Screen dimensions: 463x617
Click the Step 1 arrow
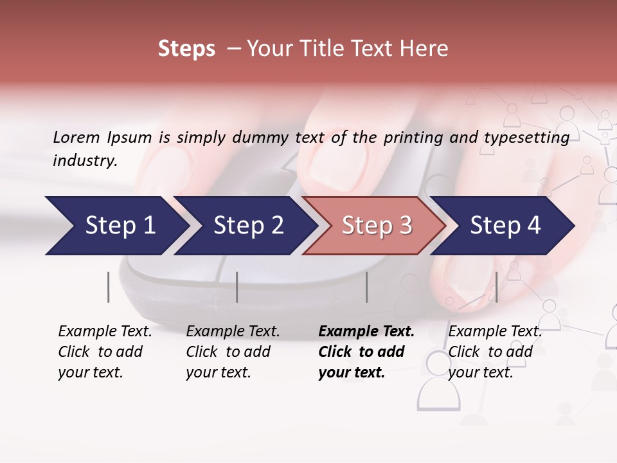point(116,226)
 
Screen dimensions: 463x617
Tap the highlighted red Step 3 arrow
point(376,226)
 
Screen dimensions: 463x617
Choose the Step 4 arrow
point(505,226)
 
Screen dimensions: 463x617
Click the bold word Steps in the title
point(186,48)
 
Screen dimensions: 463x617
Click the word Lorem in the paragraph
point(76,137)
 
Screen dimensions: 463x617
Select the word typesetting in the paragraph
point(532,137)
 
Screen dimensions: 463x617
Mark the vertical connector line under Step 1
point(109,287)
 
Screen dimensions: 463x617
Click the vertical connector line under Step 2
point(237,287)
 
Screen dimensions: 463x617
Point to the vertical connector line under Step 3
point(367,287)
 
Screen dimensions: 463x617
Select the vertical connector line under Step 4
point(496,287)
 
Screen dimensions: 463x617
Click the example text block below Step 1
point(105,352)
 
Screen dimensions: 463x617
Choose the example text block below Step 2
point(233,352)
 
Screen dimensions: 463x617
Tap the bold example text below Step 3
point(366,352)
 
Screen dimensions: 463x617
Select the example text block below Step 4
point(495,352)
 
